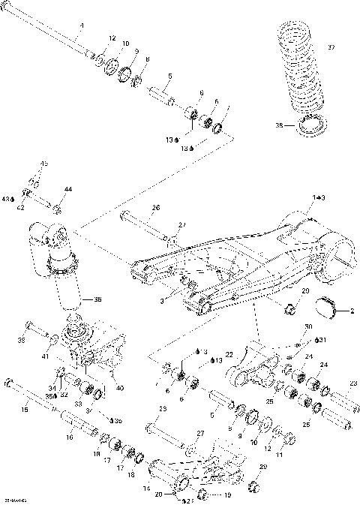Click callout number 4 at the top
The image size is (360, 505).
pyautogui.click(x=82, y=26)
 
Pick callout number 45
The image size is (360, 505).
pyautogui.click(x=43, y=164)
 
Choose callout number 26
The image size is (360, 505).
pyautogui.click(x=156, y=207)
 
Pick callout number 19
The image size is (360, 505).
pyautogui.click(x=227, y=495)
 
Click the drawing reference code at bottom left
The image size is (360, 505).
pyautogui.click(x=14, y=500)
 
